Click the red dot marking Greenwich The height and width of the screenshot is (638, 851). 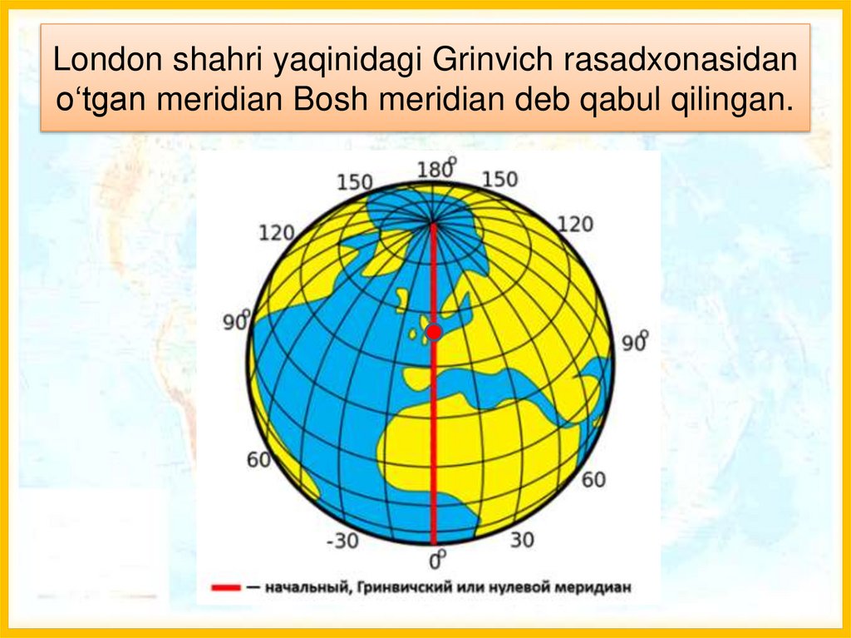[x=433, y=333]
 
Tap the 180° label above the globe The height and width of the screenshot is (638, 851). [x=436, y=170]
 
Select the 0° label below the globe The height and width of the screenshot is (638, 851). [x=435, y=559]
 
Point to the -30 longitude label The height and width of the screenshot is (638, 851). [x=342, y=542]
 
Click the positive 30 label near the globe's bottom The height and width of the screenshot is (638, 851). [x=521, y=541]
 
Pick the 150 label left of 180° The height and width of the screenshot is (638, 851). [x=356, y=182]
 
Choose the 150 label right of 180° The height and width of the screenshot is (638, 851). [x=499, y=180]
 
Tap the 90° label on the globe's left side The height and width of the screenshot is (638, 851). [x=237, y=320]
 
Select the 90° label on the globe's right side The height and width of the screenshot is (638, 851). [x=635, y=342]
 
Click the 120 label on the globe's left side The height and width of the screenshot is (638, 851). [x=277, y=232]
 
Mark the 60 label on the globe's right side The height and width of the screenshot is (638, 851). [x=593, y=480]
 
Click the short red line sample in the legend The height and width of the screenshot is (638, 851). [x=224, y=587]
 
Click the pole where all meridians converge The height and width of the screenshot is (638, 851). [x=433, y=223]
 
